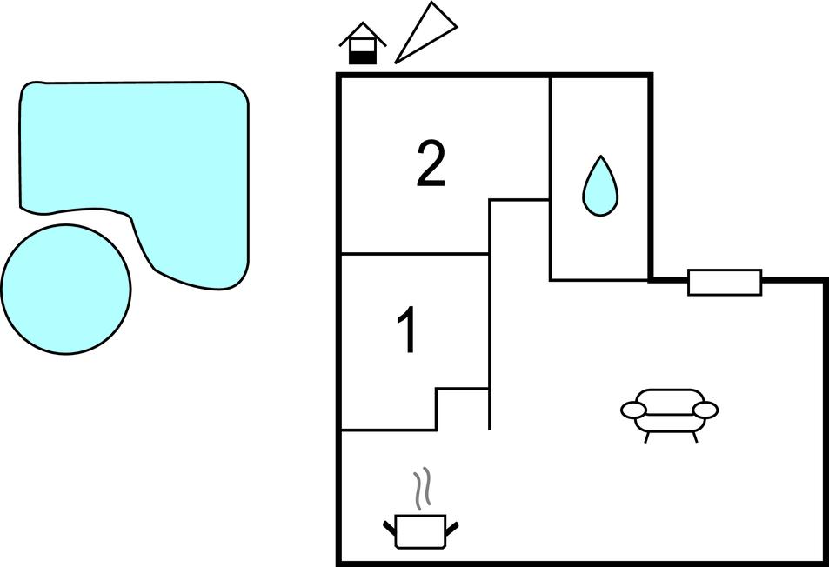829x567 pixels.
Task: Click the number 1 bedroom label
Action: tap(409, 330)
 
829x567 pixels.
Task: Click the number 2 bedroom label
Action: tap(431, 163)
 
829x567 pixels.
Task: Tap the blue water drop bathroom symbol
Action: tap(600, 186)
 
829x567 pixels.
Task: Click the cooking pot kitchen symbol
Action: tap(421, 530)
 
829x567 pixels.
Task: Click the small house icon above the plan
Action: tap(363, 43)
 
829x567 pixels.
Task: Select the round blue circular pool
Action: tap(66, 290)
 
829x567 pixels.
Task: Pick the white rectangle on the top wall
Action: tap(725, 282)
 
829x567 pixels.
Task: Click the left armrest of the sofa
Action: tap(633, 410)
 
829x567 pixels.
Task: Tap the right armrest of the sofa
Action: tap(705, 410)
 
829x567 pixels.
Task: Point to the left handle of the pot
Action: tap(390, 527)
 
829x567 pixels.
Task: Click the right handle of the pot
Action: tap(451, 527)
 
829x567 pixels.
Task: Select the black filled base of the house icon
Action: tap(363, 58)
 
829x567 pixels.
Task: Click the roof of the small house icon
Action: tap(363, 34)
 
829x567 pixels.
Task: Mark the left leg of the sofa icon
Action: tap(646, 437)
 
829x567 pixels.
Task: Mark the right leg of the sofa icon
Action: tap(694, 437)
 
